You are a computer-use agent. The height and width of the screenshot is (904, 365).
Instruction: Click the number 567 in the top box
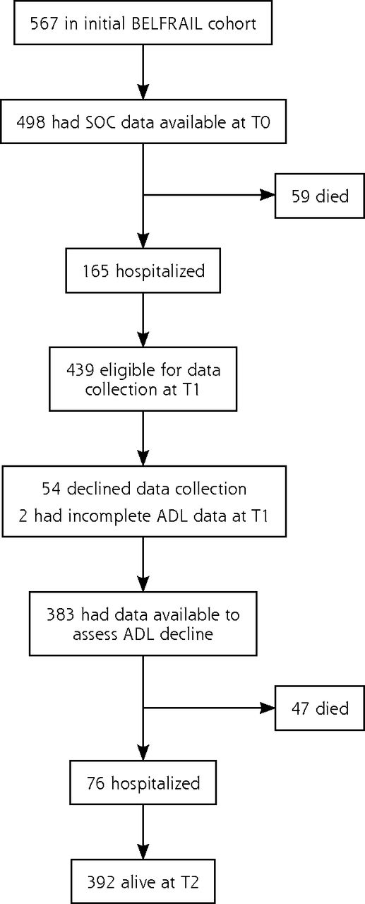coord(44,24)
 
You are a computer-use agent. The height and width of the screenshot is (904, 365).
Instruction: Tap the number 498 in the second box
coord(30,122)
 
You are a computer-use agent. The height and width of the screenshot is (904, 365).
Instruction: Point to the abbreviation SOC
coord(97,122)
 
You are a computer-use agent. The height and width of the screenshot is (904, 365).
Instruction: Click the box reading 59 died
coord(320,196)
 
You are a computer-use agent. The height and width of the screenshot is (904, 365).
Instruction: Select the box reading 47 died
coord(320,708)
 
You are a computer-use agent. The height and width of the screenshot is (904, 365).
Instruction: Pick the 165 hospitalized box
coord(143,270)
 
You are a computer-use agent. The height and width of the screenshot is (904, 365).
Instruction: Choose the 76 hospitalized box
coord(143,783)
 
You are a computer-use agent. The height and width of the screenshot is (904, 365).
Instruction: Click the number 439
coord(80,369)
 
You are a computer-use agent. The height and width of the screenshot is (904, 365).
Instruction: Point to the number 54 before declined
coord(52,489)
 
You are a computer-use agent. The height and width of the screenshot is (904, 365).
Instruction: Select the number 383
coord(61,614)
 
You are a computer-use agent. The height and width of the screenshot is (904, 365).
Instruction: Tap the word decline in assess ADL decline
coord(186,634)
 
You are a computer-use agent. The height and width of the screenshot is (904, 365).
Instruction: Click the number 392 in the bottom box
coord(101,882)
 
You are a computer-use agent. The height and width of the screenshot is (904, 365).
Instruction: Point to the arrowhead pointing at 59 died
coord(268,196)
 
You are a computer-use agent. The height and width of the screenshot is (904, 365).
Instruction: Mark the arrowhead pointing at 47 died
coord(268,708)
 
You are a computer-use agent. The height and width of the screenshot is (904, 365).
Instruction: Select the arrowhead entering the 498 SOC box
coord(143,92)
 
